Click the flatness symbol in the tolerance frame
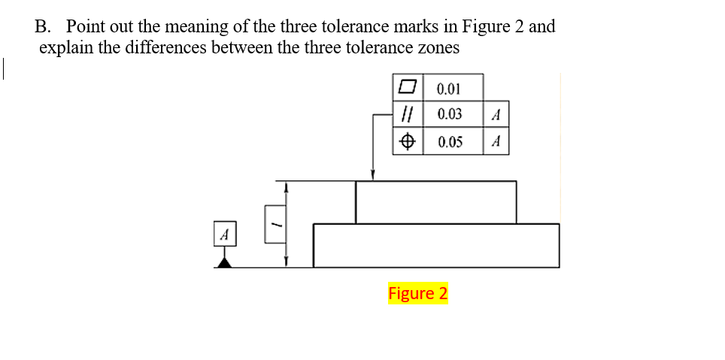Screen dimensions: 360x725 (407, 89)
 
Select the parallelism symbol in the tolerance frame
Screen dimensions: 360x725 (407, 115)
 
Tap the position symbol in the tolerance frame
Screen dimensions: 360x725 (407, 141)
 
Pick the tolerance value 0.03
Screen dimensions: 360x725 (449, 115)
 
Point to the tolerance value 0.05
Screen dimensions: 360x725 (449, 141)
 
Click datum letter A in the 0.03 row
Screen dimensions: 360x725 (495, 115)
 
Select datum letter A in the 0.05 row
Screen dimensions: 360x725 (495, 141)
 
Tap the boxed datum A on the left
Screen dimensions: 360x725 (223, 233)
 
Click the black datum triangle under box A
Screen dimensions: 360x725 (223, 261)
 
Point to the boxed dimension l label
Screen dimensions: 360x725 (275, 224)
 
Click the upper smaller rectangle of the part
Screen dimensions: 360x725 (435, 202)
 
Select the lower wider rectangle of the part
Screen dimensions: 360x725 (435, 245)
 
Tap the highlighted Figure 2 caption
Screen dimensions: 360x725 (417, 293)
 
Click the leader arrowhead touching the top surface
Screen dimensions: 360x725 (373, 176)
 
